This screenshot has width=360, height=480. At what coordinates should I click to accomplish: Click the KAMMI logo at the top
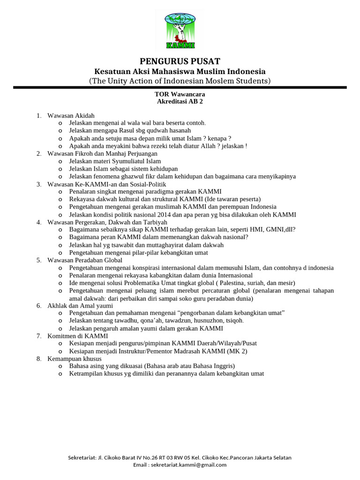(180, 30)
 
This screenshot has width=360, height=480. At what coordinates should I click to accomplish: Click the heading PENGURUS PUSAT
(180, 61)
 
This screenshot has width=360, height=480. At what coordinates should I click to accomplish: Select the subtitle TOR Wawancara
(180, 94)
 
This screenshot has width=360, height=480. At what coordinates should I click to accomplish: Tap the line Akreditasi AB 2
(180, 101)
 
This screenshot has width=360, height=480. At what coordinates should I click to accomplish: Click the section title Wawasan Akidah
(71, 115)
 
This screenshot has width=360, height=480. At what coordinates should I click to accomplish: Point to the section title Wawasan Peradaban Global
(85, 260)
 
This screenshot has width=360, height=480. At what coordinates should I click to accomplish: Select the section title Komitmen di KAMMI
(78, 336)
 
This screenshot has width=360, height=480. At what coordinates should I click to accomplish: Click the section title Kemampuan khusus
(75, 359)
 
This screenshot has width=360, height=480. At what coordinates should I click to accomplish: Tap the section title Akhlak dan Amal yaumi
(80, 306)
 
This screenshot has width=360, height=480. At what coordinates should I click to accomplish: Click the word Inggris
(223, 366)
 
